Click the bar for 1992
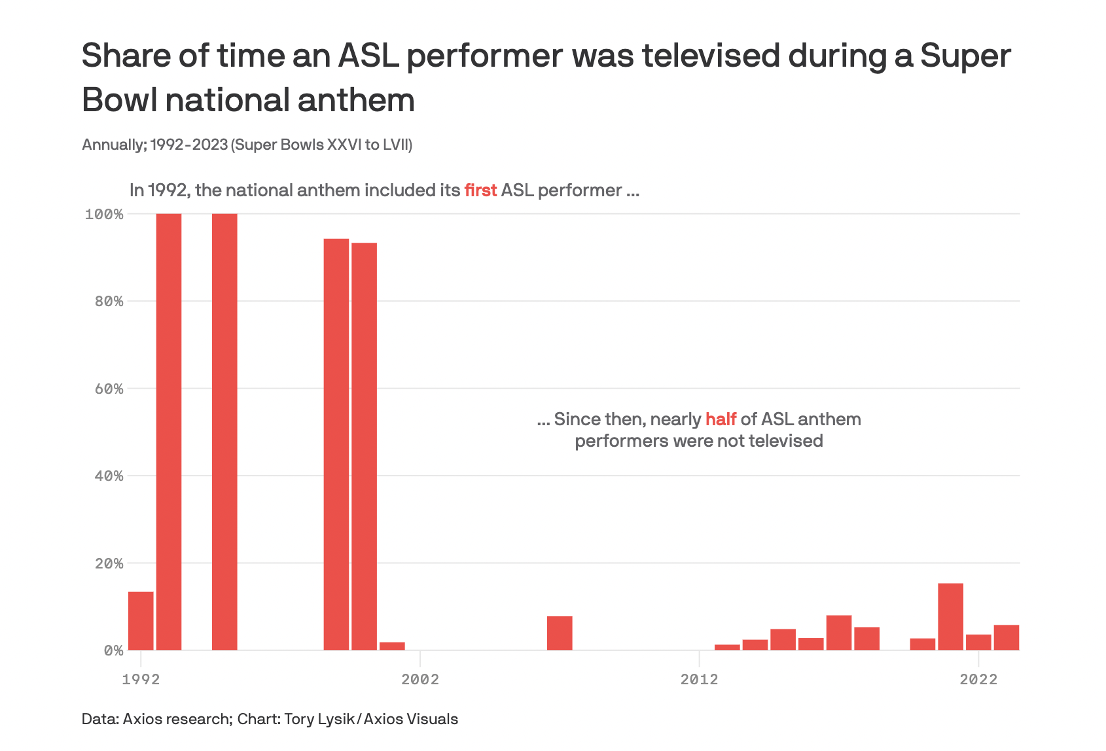[x=141, y=621]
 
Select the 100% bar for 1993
[x=169, y=432]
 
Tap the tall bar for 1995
[x=224, y=432]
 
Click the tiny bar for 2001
[x=392, y=646]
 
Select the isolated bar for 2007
[x=560, y=633]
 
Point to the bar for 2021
[x=950, y=617]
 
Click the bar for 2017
[x=839, y=633]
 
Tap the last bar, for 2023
[x=1006, y=638]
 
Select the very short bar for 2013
[x=727, y=647]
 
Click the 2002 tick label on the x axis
[x=420, y=679]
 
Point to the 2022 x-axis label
[x=978, y=679]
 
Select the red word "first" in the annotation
[x=480, y=190]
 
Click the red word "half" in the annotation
[x=721, y=419]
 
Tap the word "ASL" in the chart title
[x=368, y=56]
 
